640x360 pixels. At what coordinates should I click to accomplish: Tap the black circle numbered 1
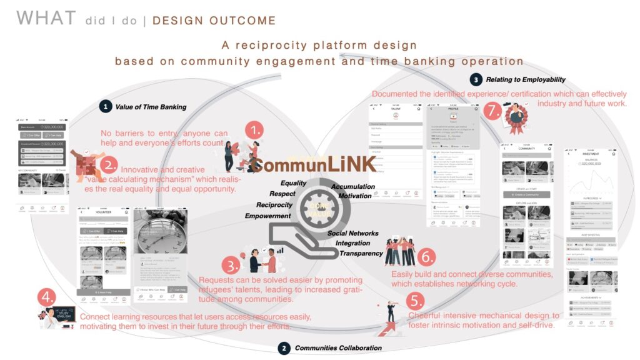click(x=106, y=107)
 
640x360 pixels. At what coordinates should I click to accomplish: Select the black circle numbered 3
click(x=476, y=79)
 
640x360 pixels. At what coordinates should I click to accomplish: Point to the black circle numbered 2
click(x=284, y=347)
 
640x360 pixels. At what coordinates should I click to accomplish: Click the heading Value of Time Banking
click(x=151, y=107)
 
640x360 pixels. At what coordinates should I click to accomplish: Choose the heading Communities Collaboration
click(x=337, y=347)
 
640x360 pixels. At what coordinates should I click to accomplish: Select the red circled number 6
click(x=426, y=256)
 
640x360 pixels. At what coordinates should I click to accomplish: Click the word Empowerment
click(x=267, y=216)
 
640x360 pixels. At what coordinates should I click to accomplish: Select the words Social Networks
click(x=352, y=233)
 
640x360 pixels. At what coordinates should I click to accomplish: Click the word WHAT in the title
click(x=47, y=19)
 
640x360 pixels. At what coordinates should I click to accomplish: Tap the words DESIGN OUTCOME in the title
click(x=214, y=21)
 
